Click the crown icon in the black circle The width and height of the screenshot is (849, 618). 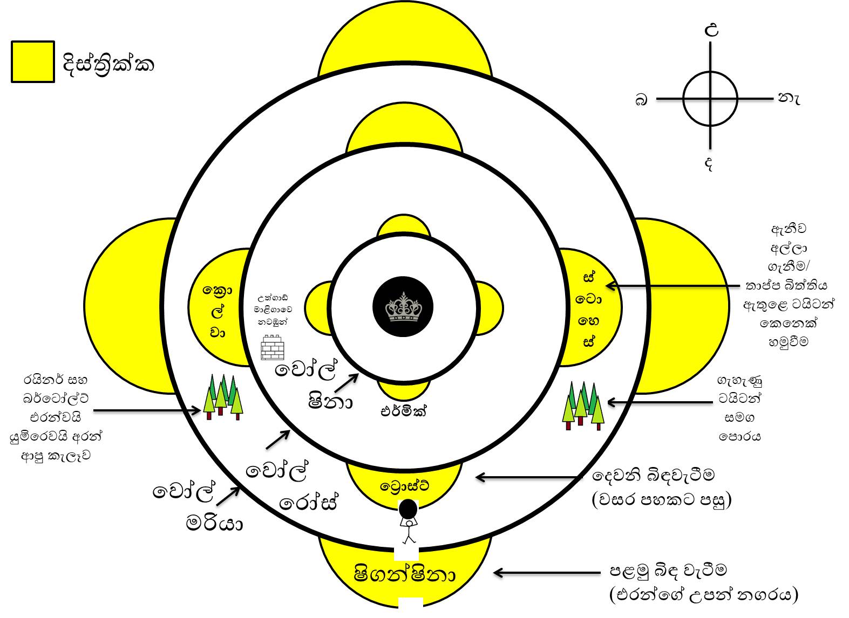click(403, 307)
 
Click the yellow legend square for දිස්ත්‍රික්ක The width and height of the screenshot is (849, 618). click(33, 62)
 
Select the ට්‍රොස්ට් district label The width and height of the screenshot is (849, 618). click(404, 486)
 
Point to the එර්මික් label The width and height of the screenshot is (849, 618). click(403, 411)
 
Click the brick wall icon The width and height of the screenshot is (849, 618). click(273, 348)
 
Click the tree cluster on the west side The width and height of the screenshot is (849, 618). click(222, 397)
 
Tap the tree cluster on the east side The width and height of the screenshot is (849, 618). click(583, 405)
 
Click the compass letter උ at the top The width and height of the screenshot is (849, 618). click(712, 30)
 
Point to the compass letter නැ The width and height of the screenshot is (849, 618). click(789, 98)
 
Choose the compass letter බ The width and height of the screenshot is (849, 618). click(641, 100)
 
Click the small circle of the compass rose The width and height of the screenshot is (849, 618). click(710, 99)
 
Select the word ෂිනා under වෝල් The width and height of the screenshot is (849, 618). click(330, 401)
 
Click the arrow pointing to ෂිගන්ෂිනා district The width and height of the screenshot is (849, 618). click(547, 573)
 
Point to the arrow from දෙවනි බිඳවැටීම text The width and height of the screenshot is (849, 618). click(528, 477)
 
